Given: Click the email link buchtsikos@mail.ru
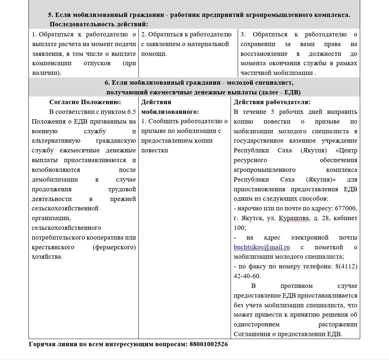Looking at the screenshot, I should tap(261, 247).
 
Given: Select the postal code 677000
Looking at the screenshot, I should tap(346, 208).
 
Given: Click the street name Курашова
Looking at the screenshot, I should tap(294, 218).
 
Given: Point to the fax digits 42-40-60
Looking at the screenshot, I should tap(247, 276).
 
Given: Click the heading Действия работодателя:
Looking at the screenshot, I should tap(272, 102).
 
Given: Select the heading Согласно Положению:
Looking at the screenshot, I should tap(85, 102).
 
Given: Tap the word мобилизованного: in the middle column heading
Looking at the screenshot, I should tap(170, 112).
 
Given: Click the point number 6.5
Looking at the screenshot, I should tap(131, 112).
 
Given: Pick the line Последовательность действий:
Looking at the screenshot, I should tap(99, 25).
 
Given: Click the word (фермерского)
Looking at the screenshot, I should tap(114, 247).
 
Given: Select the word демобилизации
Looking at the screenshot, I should tap(55, 179).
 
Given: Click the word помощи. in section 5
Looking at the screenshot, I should tap(154, 54).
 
